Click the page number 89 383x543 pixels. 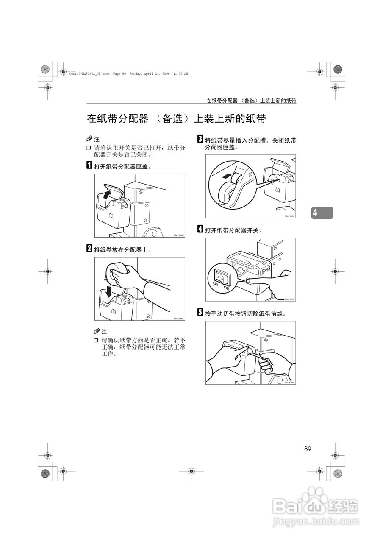pyautogui.click(x=308, y=449)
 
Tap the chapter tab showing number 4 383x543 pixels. pyautogui.click(x=322, y=213)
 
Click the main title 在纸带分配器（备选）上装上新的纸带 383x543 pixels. pyautogui.click(x=176, y=119)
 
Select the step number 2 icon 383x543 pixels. pyautogui.click(x=89, y=249)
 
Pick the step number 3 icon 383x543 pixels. pyautogui.click(x=200, y=140)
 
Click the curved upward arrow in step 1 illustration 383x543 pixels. pyautogui.click(x=108, y=194)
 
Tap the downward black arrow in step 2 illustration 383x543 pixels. pyautogui.click(x=109, y=291)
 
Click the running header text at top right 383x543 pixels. pyautogui.click(x=251, y=101)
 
